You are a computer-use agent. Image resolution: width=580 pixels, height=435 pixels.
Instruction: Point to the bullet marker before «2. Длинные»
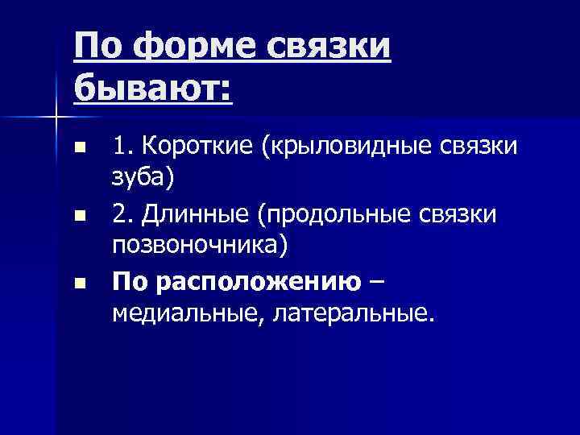tap(78, 216)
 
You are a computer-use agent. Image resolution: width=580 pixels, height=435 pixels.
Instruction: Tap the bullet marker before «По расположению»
tap(78, 283)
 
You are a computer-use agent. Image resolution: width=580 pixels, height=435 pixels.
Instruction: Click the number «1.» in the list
tap(122, 148)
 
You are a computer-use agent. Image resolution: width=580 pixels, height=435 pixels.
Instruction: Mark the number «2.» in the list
tap(123, 215)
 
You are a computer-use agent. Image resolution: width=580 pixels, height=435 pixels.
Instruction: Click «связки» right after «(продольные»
tap(472, 215)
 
